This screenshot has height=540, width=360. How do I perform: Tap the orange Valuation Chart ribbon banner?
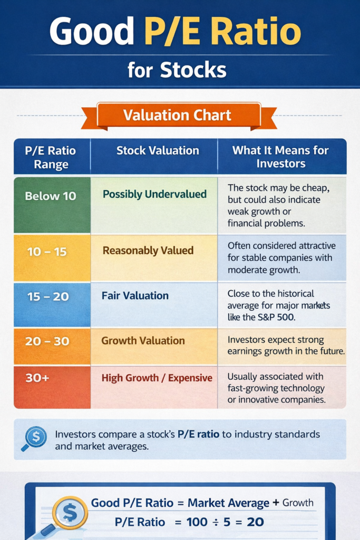178,115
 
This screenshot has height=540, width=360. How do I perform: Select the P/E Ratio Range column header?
51,157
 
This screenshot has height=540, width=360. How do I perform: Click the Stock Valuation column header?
158,151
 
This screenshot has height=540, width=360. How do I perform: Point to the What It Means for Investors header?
280,157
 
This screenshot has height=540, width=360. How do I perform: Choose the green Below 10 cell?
51,196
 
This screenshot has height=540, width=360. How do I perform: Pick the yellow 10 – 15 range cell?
47,252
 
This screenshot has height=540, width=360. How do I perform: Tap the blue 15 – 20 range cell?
48,296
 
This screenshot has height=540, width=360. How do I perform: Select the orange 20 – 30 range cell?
47,341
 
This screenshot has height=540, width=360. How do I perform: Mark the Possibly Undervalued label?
154,194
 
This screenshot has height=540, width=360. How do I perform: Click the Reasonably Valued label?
148,250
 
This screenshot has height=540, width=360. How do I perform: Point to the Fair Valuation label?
135,296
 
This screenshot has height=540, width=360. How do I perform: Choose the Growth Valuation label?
143,341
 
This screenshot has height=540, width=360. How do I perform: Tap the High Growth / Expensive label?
157,378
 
